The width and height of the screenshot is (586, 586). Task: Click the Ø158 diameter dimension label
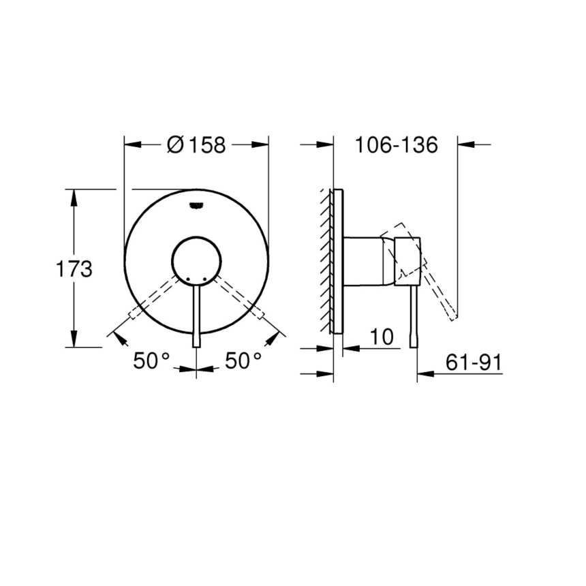pos(196,144)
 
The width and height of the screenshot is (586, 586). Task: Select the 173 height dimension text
pos(73,269)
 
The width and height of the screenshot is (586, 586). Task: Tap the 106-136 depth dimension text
pos(395,144)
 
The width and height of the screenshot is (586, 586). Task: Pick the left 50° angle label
pos(151,361)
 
